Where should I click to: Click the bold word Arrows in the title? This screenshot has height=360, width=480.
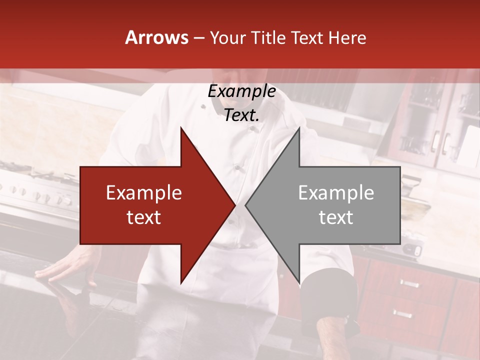tap(157, 37)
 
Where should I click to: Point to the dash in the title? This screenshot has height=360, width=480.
tap(198, 38)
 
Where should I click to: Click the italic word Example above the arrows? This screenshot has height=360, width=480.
tap(242, 91)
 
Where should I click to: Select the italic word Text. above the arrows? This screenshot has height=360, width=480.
tap(242, 115)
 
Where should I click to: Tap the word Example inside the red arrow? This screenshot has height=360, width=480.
tap(144, 193)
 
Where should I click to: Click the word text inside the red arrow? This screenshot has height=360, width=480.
tap(144, 217)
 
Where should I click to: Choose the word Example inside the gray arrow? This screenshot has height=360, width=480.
tap(336, 193)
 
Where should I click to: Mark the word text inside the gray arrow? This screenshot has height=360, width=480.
tap(336, 217)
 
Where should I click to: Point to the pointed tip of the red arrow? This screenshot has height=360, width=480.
tap(235, 205)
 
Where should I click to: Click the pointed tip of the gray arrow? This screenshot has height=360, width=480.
tap(245, 205)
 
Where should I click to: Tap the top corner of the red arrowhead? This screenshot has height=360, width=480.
tap(181, 128)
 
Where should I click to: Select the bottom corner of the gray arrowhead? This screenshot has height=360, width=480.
tap(299, 282)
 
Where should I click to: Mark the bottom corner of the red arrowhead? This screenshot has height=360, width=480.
tap(181, 282)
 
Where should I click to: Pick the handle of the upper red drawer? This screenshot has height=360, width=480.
tap(409, 283)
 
